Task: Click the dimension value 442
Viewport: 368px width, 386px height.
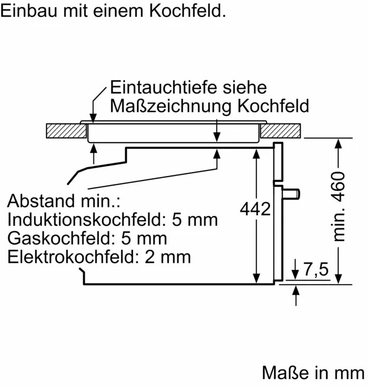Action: point(255,209)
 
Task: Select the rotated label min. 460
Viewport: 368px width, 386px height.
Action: point(339,207)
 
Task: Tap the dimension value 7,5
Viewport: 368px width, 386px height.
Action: point(315,271)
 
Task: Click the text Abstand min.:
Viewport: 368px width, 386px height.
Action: point(65,201)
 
